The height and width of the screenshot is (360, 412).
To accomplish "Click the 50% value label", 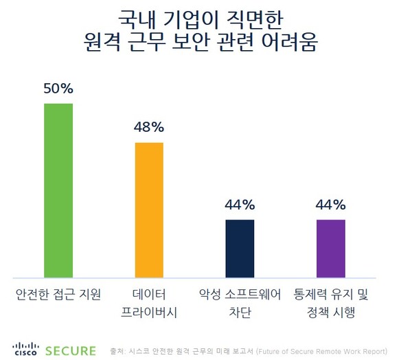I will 58,89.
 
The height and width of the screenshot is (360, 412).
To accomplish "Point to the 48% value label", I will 149,127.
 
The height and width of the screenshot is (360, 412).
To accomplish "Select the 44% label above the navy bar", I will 240,205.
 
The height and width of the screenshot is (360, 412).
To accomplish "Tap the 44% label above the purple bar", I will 330,205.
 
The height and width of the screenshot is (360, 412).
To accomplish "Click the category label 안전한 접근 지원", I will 58,295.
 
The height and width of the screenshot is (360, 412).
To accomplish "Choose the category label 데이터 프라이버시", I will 149,304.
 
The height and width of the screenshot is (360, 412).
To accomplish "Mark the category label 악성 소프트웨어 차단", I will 240,304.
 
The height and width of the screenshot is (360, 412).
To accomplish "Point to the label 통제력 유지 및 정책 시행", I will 330,304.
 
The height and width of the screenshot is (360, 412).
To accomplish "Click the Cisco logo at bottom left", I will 25,350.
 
